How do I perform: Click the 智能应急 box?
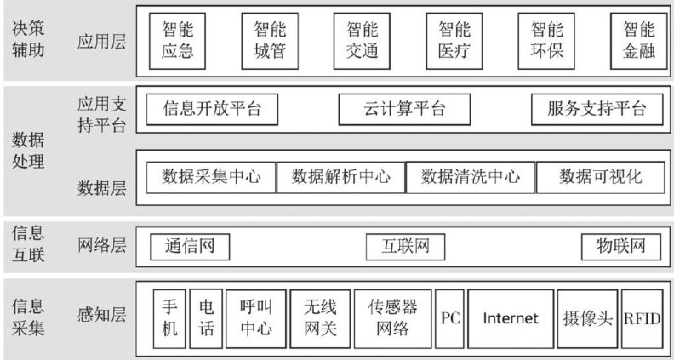(177, 40)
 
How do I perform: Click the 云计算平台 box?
(392, 109)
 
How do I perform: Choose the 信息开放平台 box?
(212, 109)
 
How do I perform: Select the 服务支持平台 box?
(596, 109)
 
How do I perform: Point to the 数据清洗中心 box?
(471, 177)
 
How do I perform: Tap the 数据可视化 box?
(601, 177)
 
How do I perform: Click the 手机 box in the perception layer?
(169, 317)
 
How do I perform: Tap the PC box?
(450, 317)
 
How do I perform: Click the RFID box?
(642, 317)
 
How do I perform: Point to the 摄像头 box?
(587, 317)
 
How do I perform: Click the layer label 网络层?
(101, 247)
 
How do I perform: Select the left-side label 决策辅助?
(28, 39)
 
